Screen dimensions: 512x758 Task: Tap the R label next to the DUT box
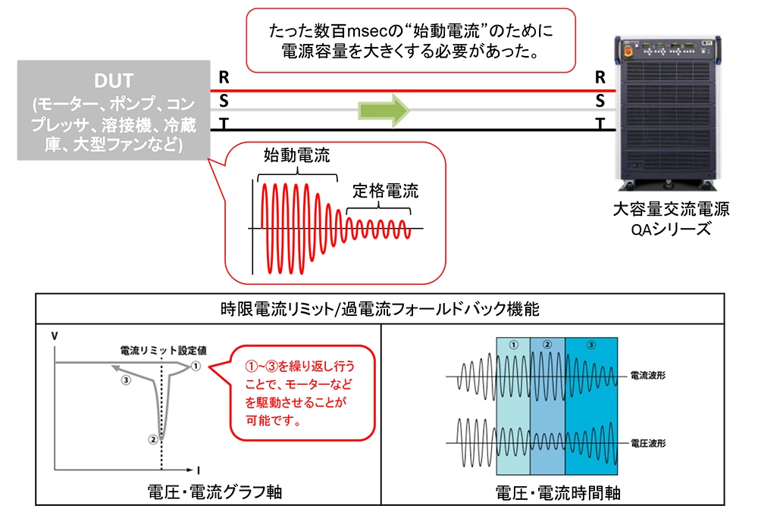[223, 76]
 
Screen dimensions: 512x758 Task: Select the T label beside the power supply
[600, 124]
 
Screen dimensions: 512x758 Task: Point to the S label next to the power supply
[600, 100]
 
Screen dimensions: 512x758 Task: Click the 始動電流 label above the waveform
[291, 155]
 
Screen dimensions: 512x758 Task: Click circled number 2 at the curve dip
[152, 438]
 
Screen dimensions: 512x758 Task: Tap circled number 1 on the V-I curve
[196, 366]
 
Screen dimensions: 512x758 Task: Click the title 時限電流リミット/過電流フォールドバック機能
[378, 309]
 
